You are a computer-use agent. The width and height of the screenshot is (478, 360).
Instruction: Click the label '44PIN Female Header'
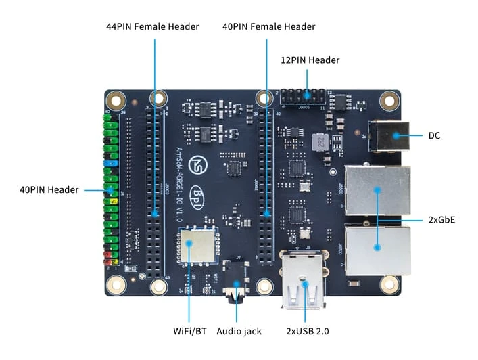pos(153,27)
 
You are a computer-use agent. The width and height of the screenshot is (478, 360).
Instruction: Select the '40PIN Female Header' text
pos(269,27)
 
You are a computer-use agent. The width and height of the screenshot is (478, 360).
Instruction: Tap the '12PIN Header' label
pos(310,60)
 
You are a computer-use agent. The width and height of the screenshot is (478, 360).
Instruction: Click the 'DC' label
pos(434,136)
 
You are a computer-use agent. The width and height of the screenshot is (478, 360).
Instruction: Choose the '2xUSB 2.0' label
pos(304,331)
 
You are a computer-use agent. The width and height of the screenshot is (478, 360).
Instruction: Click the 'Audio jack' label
pos(239,331)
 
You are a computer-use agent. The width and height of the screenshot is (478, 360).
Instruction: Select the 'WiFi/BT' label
pos(190,331)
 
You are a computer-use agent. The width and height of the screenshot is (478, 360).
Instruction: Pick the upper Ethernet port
pos(377,190)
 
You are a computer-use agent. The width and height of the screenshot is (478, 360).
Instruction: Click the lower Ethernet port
pos(377,249)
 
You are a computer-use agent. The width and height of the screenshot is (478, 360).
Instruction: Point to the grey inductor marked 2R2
pos(316,142)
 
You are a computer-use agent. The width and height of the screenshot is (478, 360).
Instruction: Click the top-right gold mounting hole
pos(387,100)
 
